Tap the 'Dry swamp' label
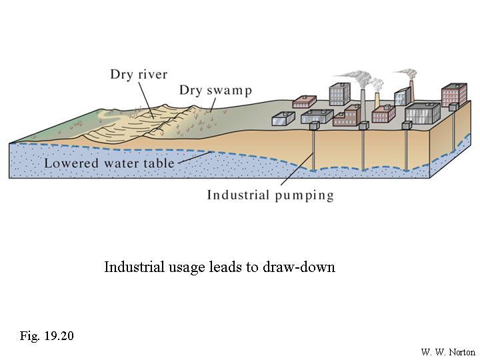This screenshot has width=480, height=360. coord(215,90)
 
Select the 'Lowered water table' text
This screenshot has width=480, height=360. coord(109,163)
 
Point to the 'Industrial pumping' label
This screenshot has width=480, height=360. coord(270,195)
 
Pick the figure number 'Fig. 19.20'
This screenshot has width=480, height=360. coord(46,335)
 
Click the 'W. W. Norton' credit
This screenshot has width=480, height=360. coord(448,352)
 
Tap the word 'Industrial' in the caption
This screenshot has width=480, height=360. coord(133,267)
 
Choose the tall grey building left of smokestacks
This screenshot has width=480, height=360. coord(340,95)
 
